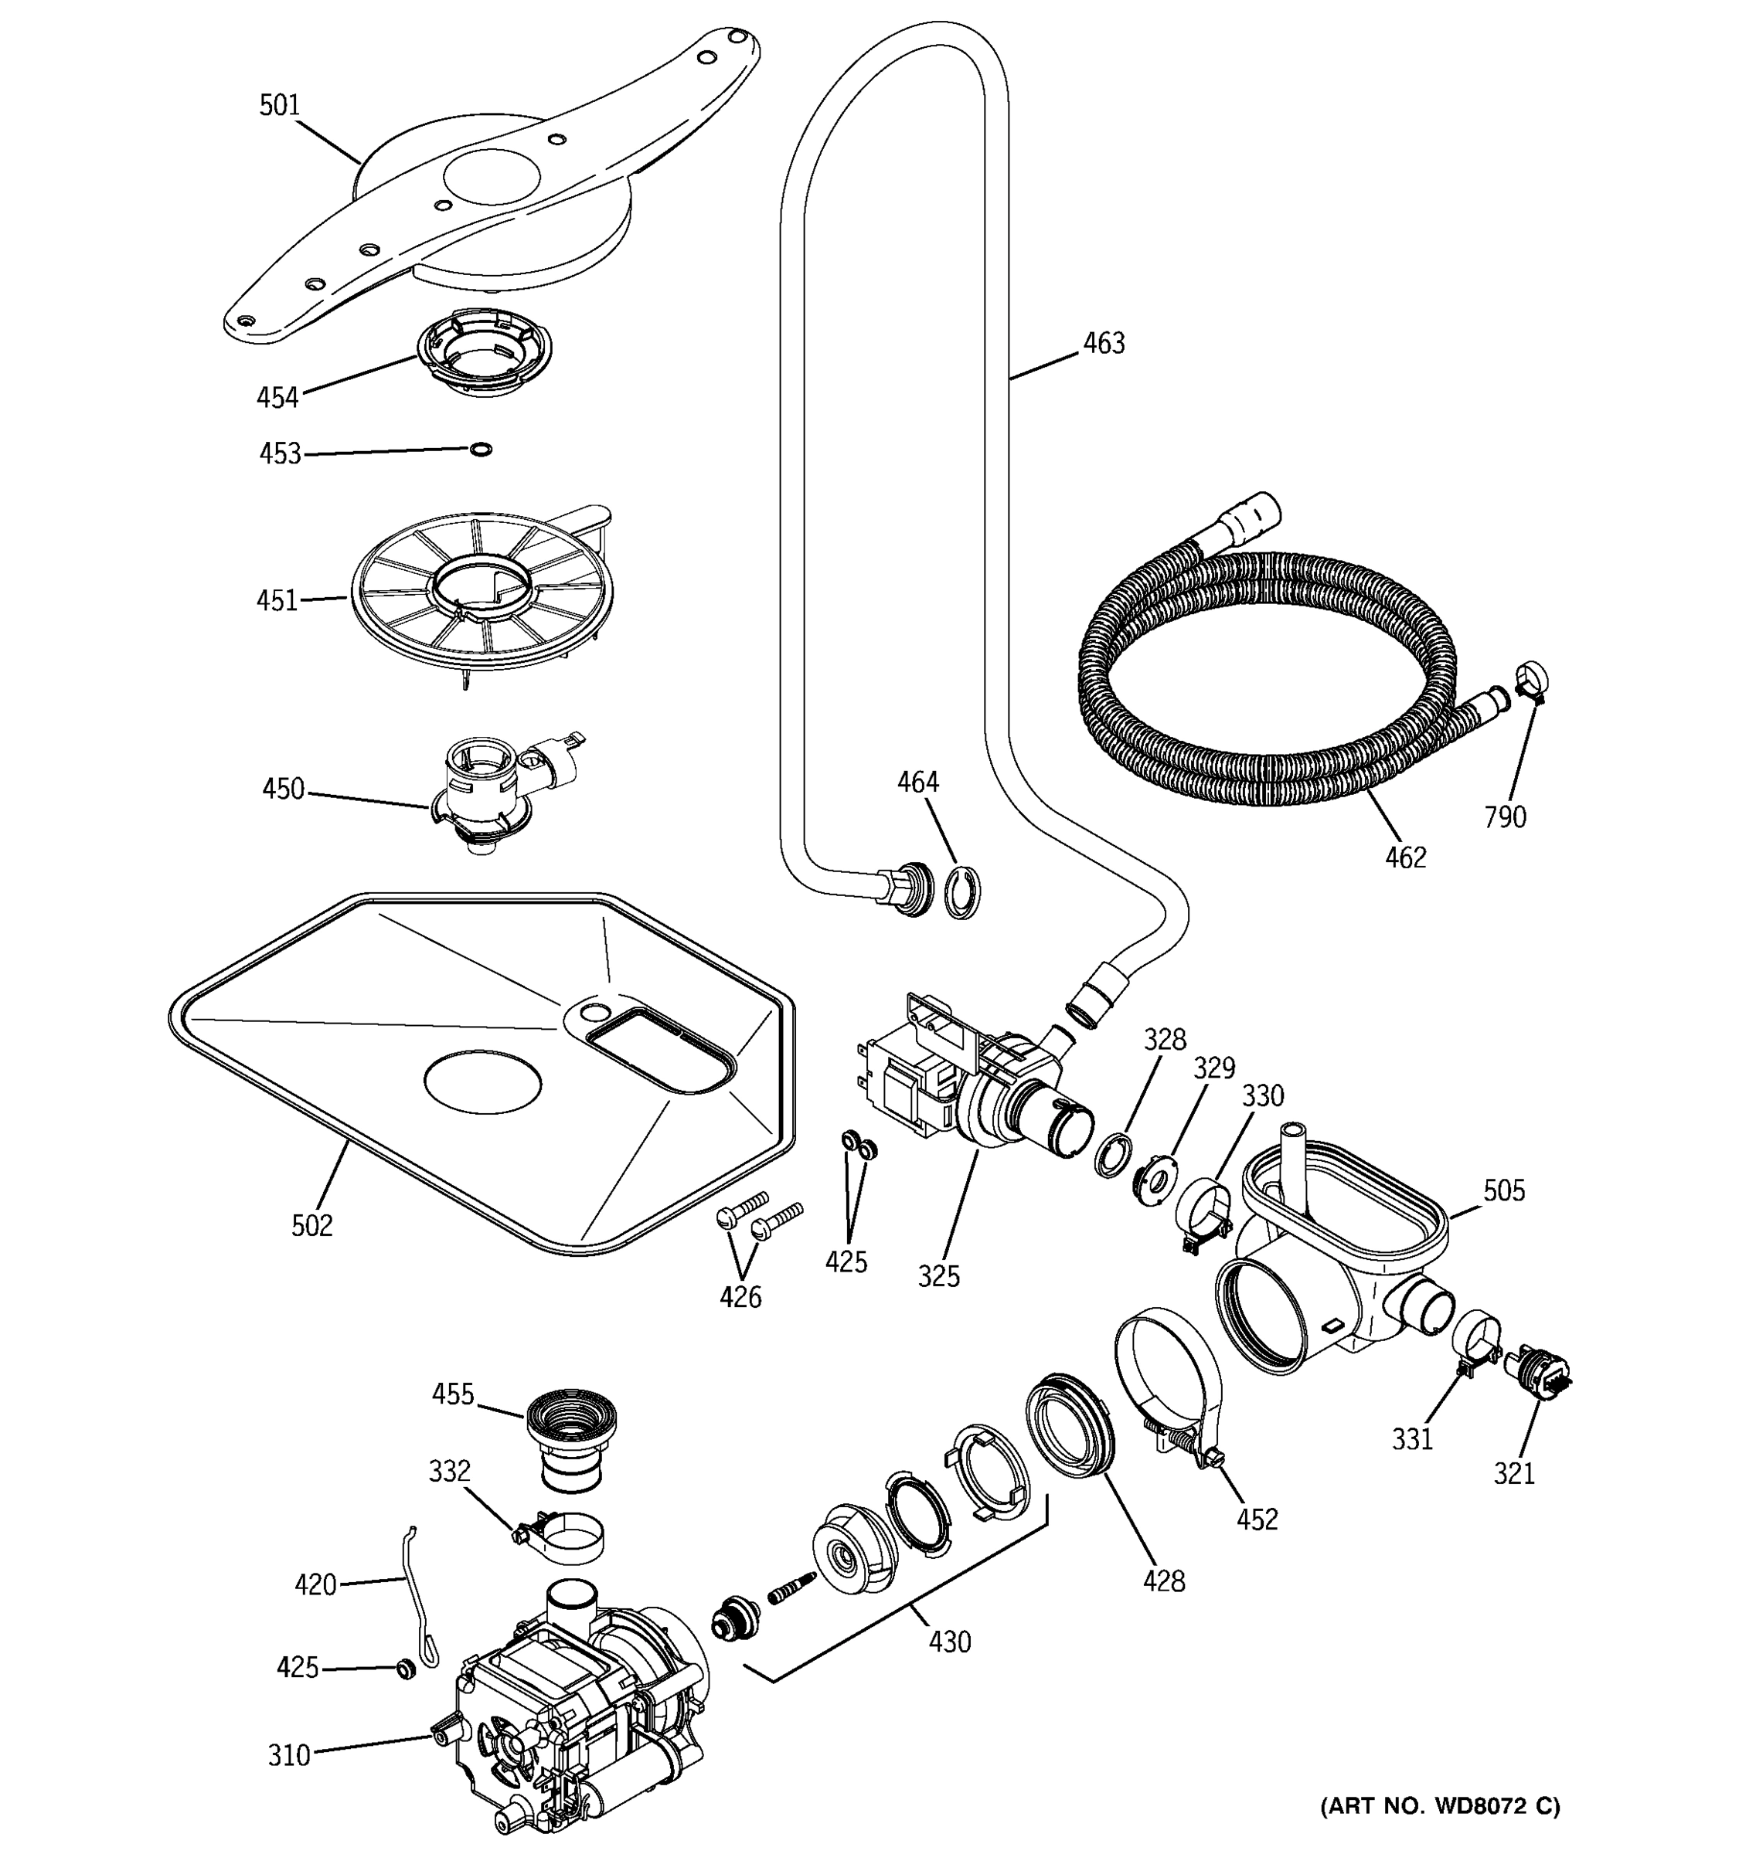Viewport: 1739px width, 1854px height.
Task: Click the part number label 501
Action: [x=279, y=105]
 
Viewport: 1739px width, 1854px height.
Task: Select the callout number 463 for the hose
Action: [x=1104, y=343]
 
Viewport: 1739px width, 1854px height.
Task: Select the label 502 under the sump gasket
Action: [x=311, y=1225]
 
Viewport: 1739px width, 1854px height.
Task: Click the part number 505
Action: [x=1504, y=1190]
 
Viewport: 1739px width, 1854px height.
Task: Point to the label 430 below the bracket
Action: [x=950, y=1642]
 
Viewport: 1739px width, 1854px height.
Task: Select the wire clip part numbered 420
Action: [x=418, y=1598]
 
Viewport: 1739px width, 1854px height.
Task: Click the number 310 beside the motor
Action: [x=288, y=1755]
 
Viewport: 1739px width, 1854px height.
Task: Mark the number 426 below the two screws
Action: [x=740, y=1296]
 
